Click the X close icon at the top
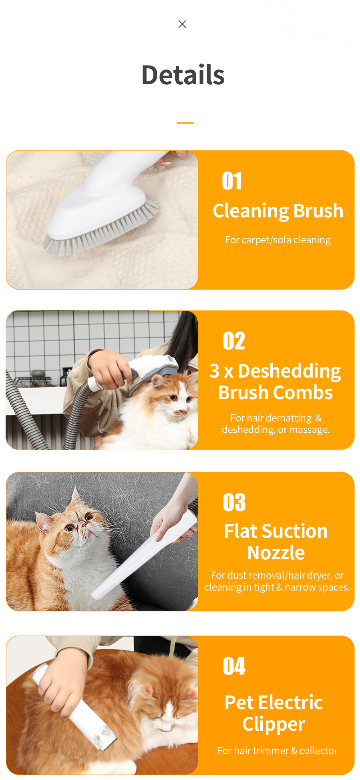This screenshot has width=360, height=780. point(183,24)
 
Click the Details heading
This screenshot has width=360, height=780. point(183,75)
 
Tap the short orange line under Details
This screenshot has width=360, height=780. point(185,123)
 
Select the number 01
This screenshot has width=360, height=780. point(232,181)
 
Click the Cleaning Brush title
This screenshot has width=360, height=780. point(278,211)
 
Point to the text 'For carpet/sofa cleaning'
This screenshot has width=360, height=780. point(278,240)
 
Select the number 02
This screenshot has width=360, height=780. point(234,341)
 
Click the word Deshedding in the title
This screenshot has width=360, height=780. point(289,371)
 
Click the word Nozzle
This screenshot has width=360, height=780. point(276,553)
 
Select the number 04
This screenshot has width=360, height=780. point(234,666)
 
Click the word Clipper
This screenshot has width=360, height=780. point(274,724)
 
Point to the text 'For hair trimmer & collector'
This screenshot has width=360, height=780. point(277,750)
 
